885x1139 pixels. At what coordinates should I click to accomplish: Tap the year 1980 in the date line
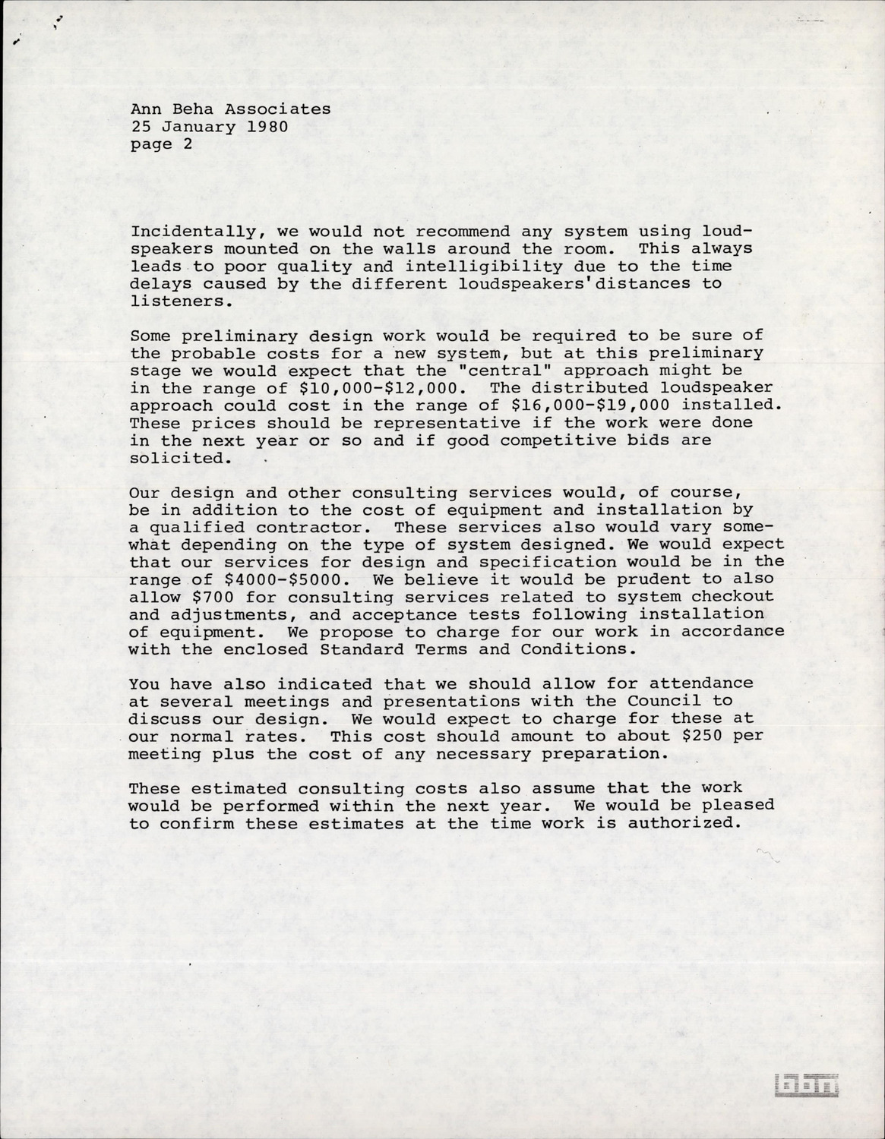point(267,127)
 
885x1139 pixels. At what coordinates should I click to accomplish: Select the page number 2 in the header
point(188,144)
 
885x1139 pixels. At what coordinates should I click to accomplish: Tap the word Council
point(663,701)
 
